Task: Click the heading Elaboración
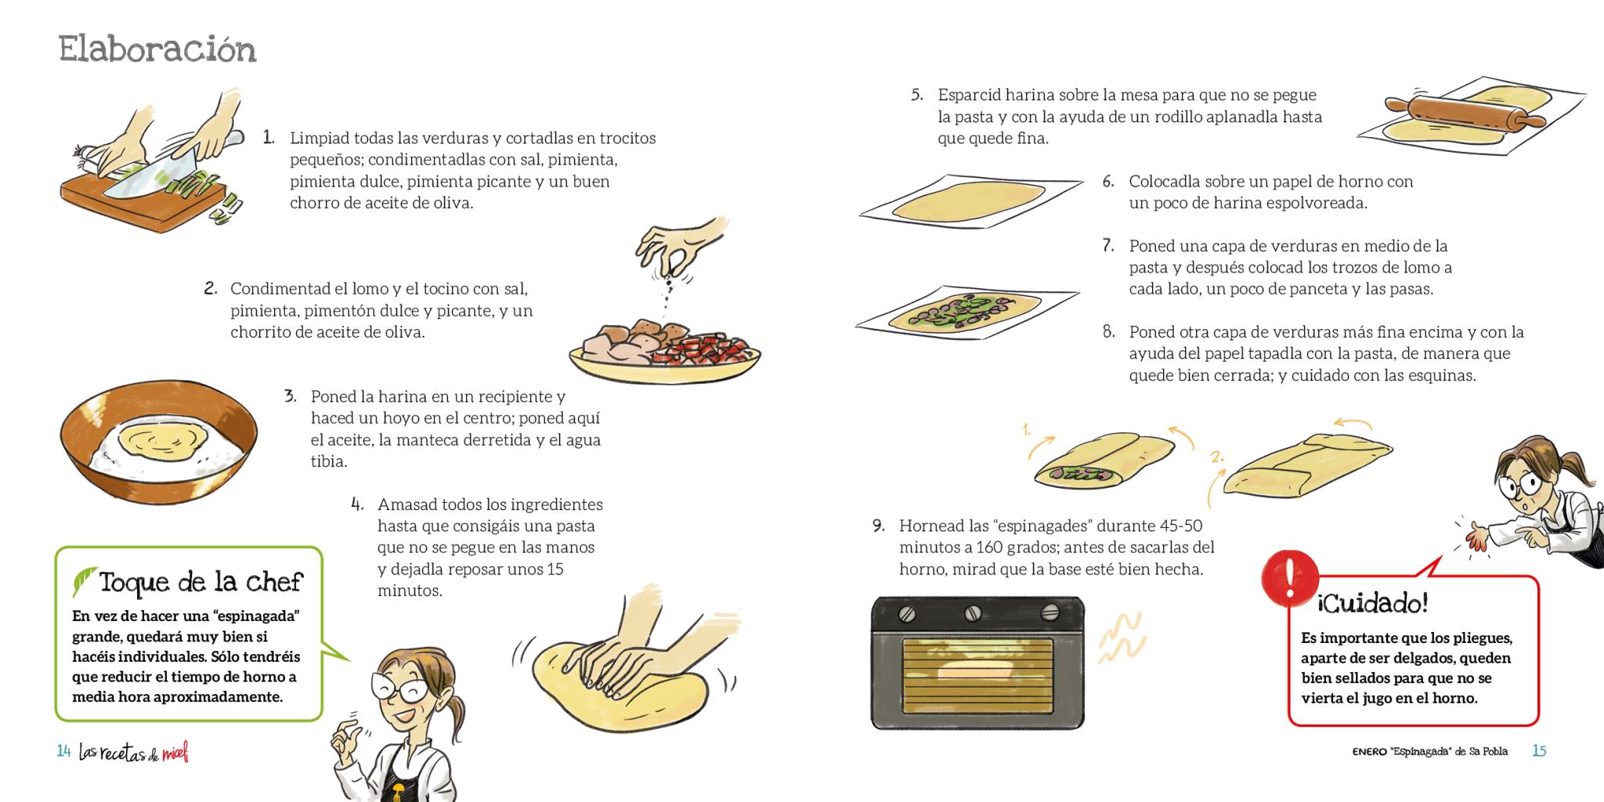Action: point(157,50)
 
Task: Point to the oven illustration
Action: point(977,663)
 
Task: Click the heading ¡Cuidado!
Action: point(1372,604)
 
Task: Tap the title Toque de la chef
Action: point(200,583)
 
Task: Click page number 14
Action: point(64,751)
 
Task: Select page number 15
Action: point(1539,751)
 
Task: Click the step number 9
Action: point(878,526)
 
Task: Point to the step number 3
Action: point(291,396)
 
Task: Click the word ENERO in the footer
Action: point(1369,752)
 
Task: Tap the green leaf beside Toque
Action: point(84,582)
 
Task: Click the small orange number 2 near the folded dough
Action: point(1216,457)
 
